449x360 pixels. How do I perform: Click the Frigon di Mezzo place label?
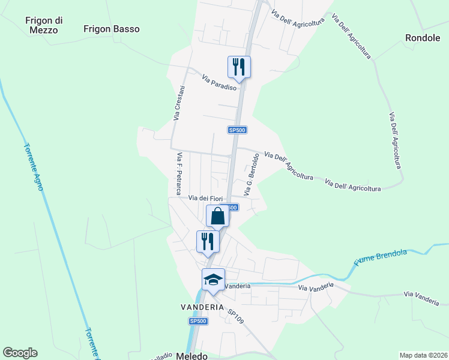pos(41,25)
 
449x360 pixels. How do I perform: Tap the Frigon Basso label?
pos(112,29)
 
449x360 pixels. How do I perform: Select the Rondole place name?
pos(423,37)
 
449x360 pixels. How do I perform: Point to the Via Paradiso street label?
pos(220,82)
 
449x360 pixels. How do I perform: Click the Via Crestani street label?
pos(179,103)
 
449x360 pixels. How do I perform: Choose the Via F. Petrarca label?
pos(179,173)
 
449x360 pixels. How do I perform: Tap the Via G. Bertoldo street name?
pos(252,175)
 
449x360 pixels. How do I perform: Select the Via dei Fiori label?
pos(206,198)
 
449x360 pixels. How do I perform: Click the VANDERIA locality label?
pos(202,306)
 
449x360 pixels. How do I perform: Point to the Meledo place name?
pos(192,356)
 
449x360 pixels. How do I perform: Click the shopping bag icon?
pos(217,215)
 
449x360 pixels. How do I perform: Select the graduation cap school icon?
pos(213,280)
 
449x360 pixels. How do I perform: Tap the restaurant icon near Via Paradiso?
pos(239,66)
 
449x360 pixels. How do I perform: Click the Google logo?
pos(20,353)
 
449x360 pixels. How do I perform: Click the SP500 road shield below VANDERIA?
pos(198,322)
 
